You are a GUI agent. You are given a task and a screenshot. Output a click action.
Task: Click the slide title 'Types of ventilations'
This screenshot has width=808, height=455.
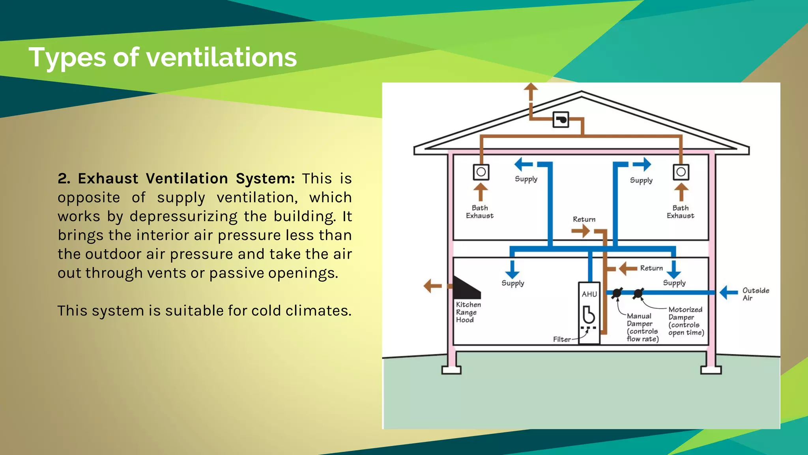(x=163, y=57)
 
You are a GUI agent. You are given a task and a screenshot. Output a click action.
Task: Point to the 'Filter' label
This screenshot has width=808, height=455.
(x=562, y=339)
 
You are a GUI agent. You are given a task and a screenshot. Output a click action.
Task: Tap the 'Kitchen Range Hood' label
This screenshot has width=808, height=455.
(x=468, y=312)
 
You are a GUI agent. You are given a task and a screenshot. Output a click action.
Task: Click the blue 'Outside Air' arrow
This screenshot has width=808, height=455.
(x=728, y=293)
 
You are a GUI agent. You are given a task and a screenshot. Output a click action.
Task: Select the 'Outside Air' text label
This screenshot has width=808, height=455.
(x=756, y=294)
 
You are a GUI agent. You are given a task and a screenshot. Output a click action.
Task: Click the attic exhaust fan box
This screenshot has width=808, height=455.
(x=561, y=120)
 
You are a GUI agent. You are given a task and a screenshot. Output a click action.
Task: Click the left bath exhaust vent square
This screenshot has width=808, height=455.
(x=481, y=172)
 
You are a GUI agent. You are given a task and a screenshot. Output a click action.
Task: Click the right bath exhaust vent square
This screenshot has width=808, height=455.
(x=681, y=172)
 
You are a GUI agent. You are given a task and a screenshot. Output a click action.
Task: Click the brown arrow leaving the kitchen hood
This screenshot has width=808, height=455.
(x=432, y=286)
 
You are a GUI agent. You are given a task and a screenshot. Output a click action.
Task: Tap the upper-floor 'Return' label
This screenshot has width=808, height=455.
(x=584, y=219)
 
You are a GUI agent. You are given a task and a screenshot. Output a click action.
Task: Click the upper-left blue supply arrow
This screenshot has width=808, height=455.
(x=524, y=164)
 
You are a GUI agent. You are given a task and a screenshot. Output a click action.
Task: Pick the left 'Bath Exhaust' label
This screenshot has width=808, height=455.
(x=480, y=212)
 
